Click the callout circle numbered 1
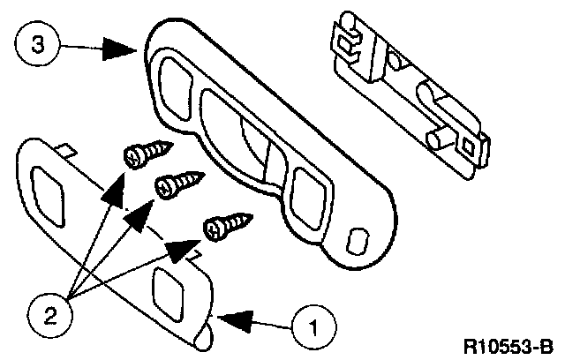pos(313,330)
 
